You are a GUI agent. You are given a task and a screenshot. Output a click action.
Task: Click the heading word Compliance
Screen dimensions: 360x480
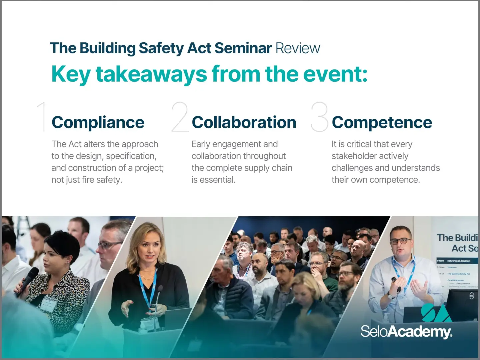pos(98,122)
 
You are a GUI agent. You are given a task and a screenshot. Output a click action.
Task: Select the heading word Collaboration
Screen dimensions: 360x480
pos(244,122)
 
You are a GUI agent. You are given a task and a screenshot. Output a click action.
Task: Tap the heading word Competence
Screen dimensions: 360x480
pos(382,122)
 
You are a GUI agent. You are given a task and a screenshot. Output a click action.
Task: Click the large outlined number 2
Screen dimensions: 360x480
pos(180,117)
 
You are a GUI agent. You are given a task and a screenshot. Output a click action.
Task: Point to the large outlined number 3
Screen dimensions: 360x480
pos(319,117)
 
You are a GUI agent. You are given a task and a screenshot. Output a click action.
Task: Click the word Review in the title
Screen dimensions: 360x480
pos(298,48)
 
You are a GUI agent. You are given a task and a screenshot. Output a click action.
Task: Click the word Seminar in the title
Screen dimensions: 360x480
pos(243,48)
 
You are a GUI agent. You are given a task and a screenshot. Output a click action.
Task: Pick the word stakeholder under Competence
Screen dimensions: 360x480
pos(370,156)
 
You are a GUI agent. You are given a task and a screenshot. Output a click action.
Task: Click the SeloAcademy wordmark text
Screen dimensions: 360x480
pos(406,332)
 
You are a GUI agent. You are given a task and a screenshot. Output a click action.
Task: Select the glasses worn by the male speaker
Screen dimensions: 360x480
pos(400,241)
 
